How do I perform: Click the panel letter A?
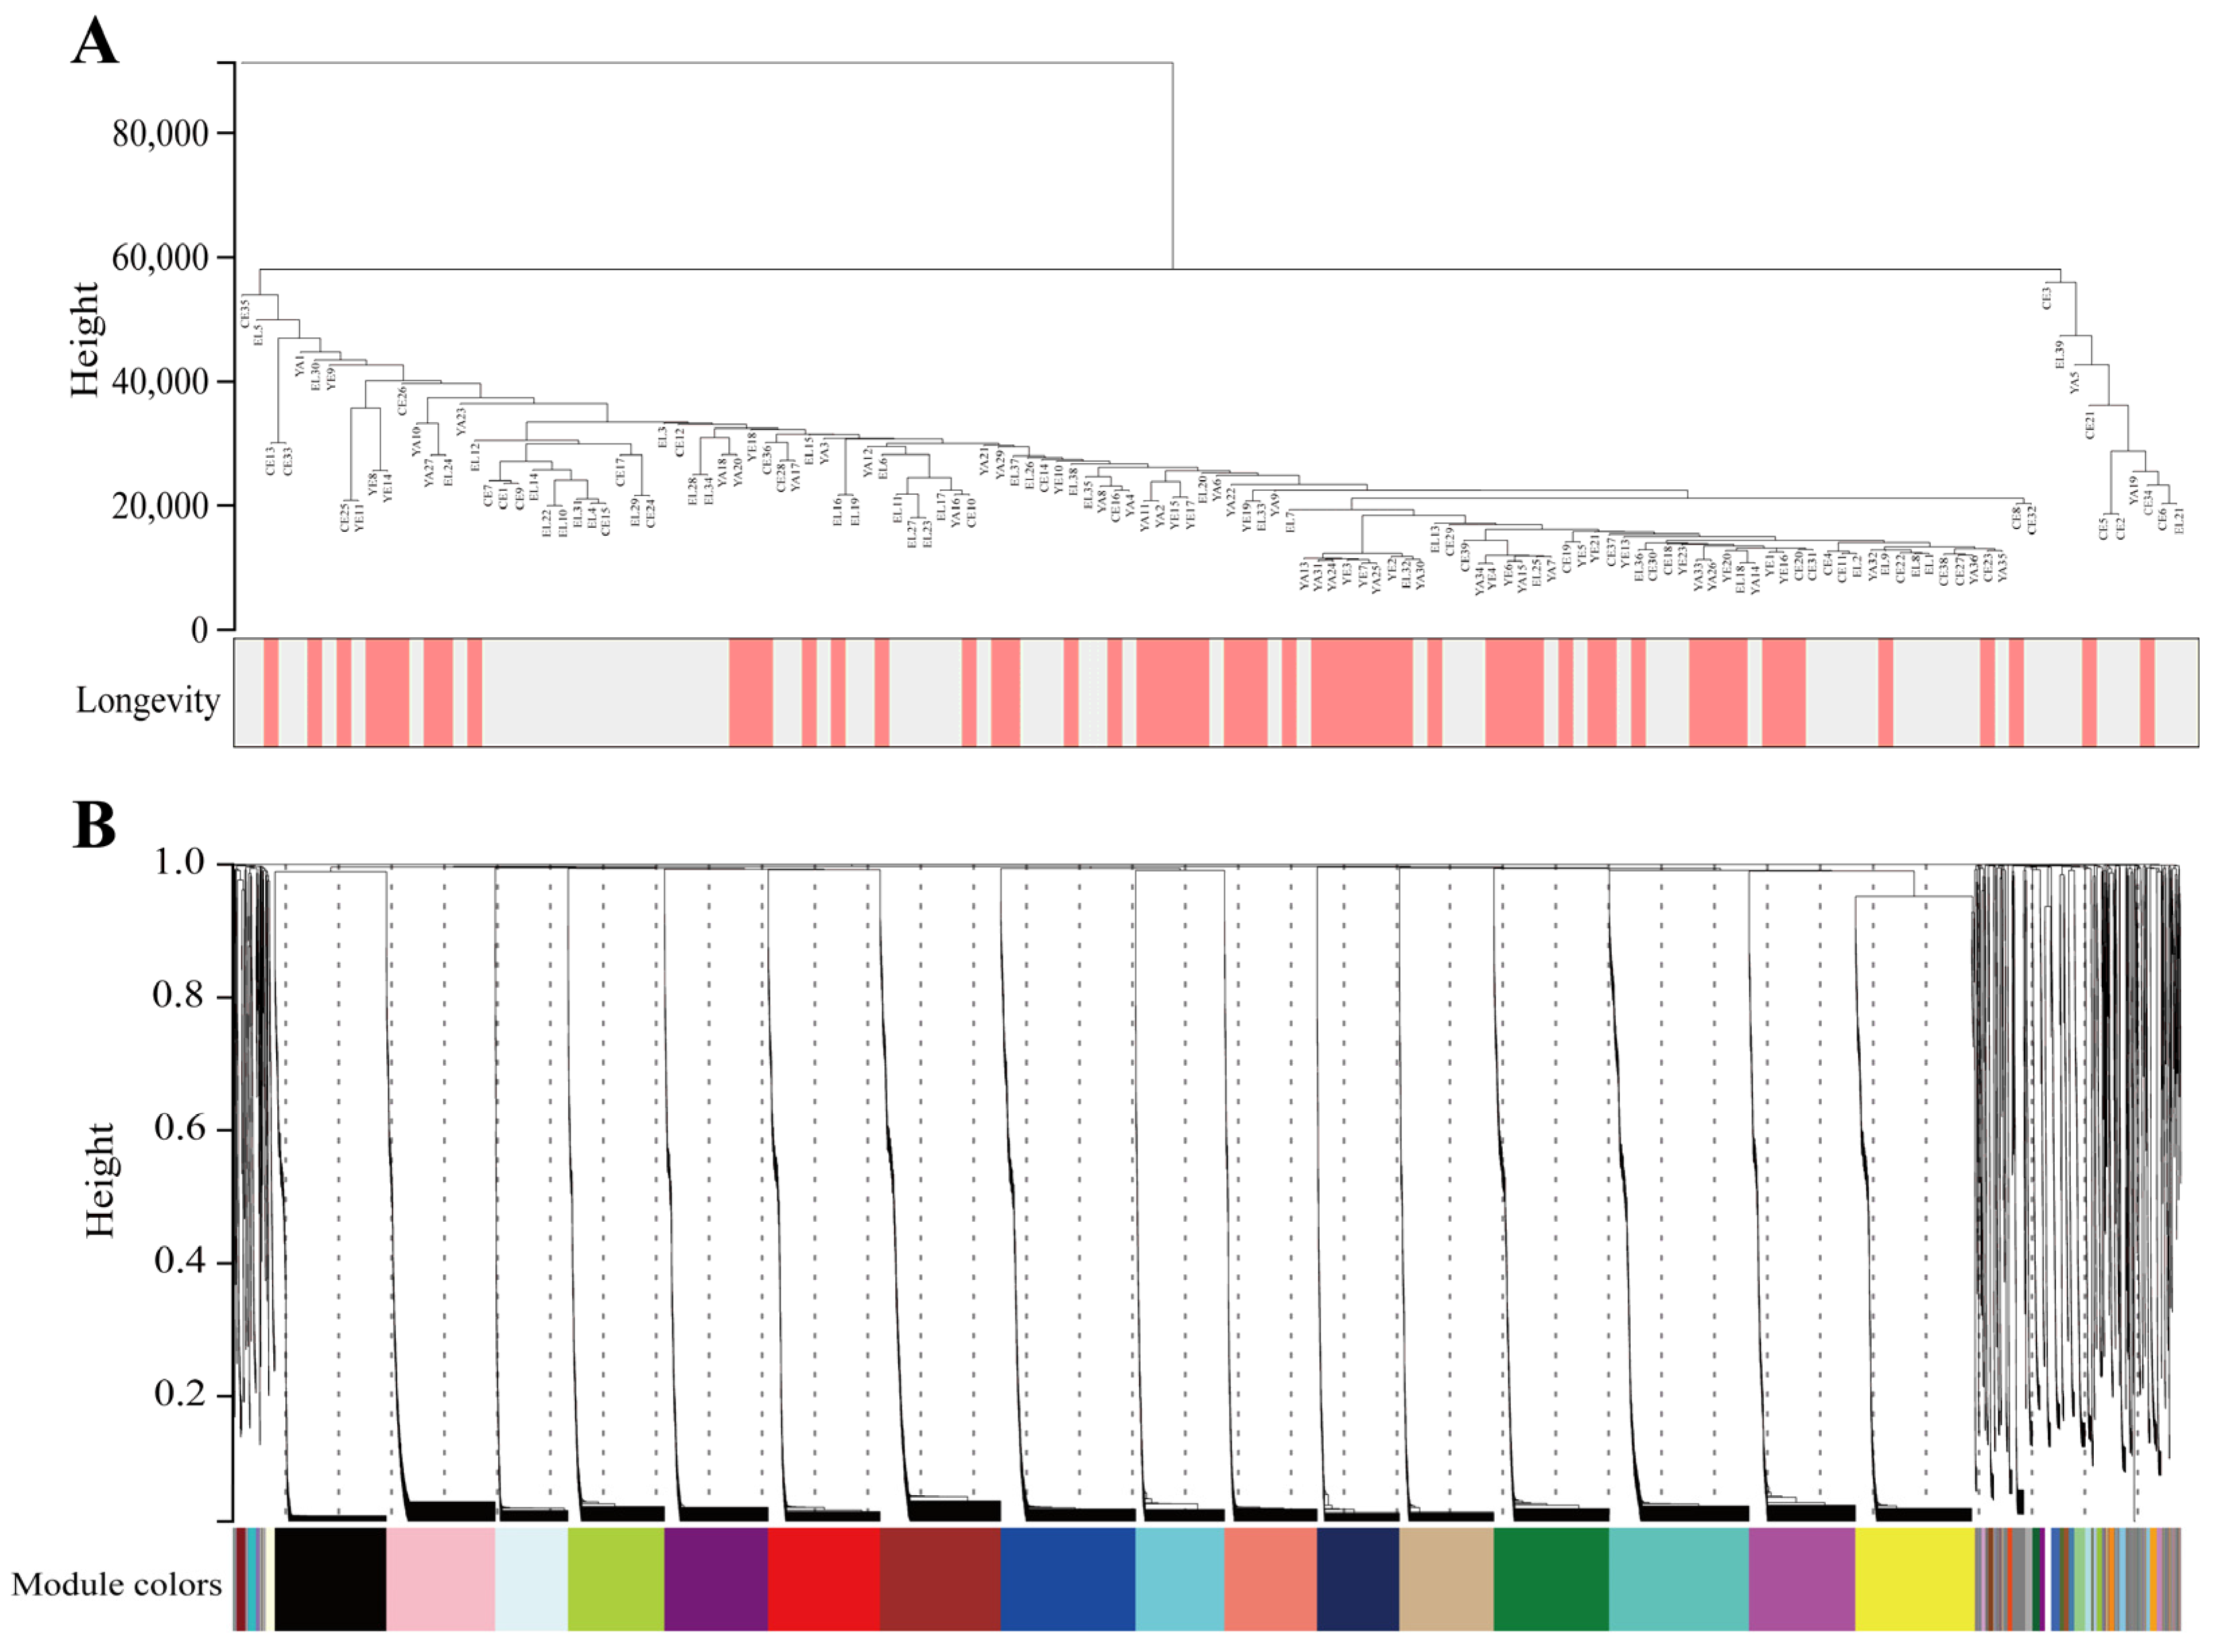(95, 42)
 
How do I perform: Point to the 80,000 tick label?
(160, 133)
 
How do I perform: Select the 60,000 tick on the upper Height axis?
(160, 257)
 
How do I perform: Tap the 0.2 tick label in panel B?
(180, 1393)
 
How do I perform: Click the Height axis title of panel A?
(85, 339)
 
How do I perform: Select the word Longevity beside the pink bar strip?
(147, 700)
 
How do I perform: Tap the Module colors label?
(116, 1584)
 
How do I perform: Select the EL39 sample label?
(2059, 354)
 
